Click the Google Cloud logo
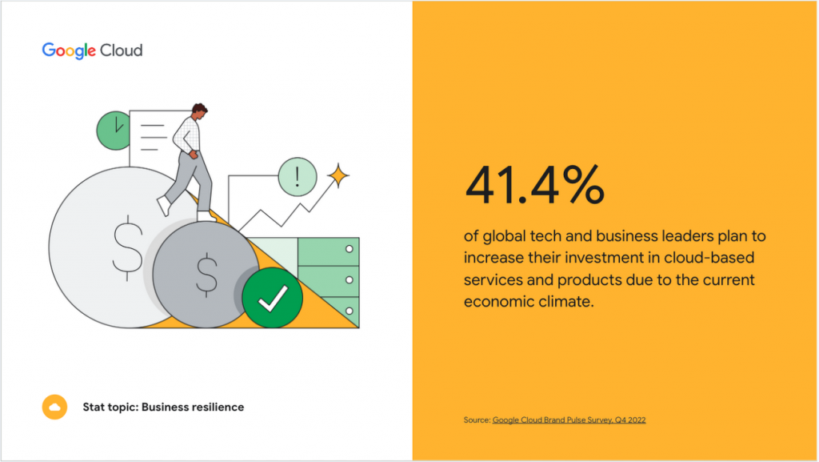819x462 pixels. point(92,50)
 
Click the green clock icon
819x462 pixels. point(114,129)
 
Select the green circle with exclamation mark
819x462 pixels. point(298,175)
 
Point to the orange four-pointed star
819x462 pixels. point(338,175)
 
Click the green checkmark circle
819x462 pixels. point(272,298)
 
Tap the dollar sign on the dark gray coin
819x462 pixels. point(207,274)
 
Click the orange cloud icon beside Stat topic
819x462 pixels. point(54,407)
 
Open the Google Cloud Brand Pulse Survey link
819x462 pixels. point(569,420)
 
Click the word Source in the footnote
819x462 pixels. point(476,420)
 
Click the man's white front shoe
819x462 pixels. point(164,207)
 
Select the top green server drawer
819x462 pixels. point(328,251)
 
